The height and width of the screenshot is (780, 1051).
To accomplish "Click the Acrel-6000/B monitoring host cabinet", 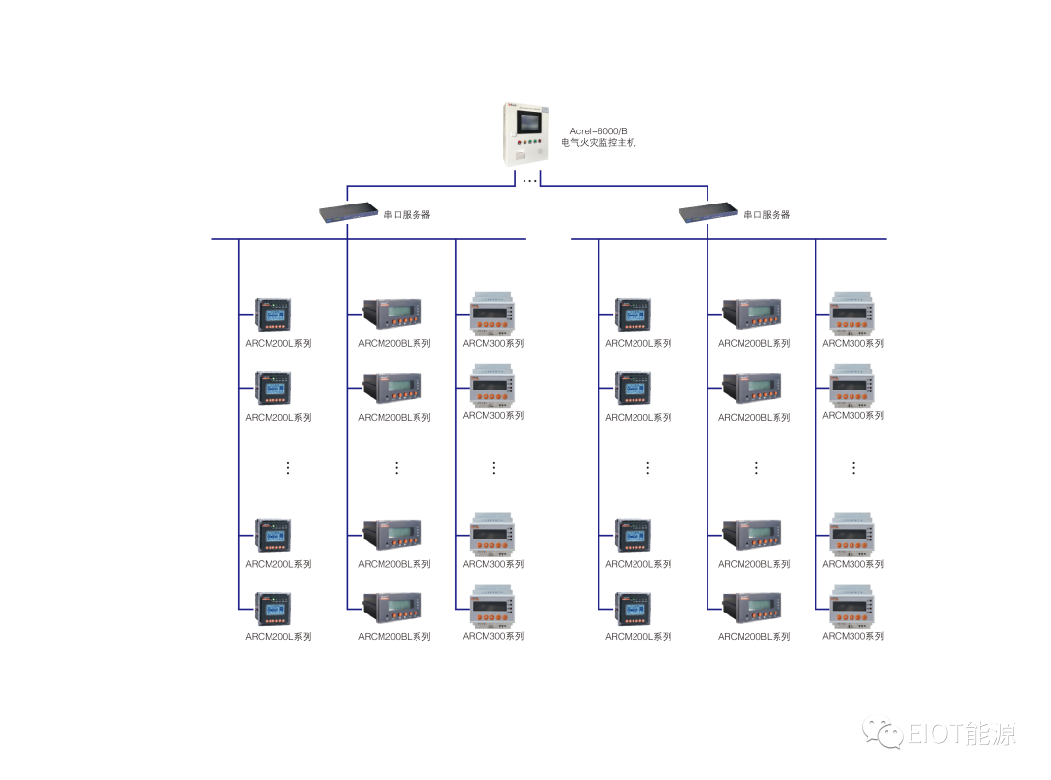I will (527, 133).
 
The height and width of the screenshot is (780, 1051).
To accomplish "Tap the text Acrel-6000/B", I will (598, 130).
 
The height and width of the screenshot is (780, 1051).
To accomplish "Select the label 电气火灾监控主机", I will (598, 143).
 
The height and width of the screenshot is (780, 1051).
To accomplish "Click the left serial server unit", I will (347, 212).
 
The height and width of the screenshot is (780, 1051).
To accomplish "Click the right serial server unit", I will (707, 212).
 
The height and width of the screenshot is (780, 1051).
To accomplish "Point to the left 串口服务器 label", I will (407, 215).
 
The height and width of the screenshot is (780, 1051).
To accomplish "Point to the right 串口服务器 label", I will (767, 215).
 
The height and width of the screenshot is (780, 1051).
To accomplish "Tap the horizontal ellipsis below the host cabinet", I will (529, 181).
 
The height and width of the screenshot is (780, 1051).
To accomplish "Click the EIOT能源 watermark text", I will (963, 733).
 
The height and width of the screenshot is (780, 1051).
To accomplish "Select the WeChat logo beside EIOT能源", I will (884, 733).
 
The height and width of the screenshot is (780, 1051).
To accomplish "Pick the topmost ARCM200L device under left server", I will (273, 315).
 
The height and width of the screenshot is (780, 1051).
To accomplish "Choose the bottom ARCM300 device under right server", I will (852, 606).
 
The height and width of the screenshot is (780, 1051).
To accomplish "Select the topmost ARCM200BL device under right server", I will (751, 314).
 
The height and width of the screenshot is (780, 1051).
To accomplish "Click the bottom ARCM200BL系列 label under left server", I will (394, 637).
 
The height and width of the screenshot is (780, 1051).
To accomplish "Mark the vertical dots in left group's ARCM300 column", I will (493, 467).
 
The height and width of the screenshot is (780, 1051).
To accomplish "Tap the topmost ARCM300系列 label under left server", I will (493, 343).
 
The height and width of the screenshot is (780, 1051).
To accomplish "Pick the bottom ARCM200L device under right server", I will (634, 609).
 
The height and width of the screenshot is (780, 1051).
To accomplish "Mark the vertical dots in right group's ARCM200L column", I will (648, 467).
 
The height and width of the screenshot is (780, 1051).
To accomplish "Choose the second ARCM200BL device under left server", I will (392, 389).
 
